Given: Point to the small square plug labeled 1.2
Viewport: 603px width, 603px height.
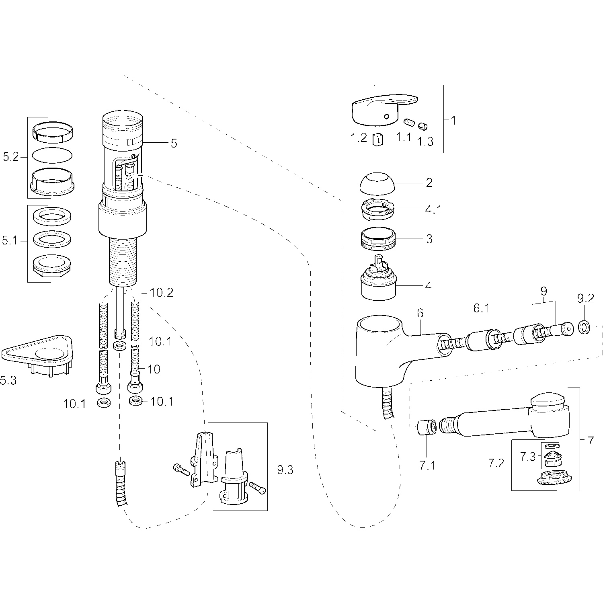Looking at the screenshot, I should [377, 139].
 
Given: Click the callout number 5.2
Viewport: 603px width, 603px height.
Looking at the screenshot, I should [11, 157].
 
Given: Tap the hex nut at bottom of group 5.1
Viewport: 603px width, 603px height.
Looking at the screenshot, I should [52, 265].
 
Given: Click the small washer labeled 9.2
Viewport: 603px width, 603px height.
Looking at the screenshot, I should [585, 327].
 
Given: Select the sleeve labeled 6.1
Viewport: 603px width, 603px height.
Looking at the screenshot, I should [480, 341].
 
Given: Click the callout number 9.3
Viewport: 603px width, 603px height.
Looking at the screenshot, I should [285, 469].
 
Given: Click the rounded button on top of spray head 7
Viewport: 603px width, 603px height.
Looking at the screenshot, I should [549, 401].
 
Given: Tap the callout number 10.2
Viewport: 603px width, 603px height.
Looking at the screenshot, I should [162, 293].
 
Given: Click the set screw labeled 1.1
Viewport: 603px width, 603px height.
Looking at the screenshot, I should [409, 122].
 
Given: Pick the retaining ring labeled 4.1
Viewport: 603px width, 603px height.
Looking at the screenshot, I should [377, 210].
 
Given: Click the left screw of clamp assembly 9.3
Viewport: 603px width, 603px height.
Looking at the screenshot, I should [181, 470].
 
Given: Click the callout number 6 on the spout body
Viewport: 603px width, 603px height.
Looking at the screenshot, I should [420, 313].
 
